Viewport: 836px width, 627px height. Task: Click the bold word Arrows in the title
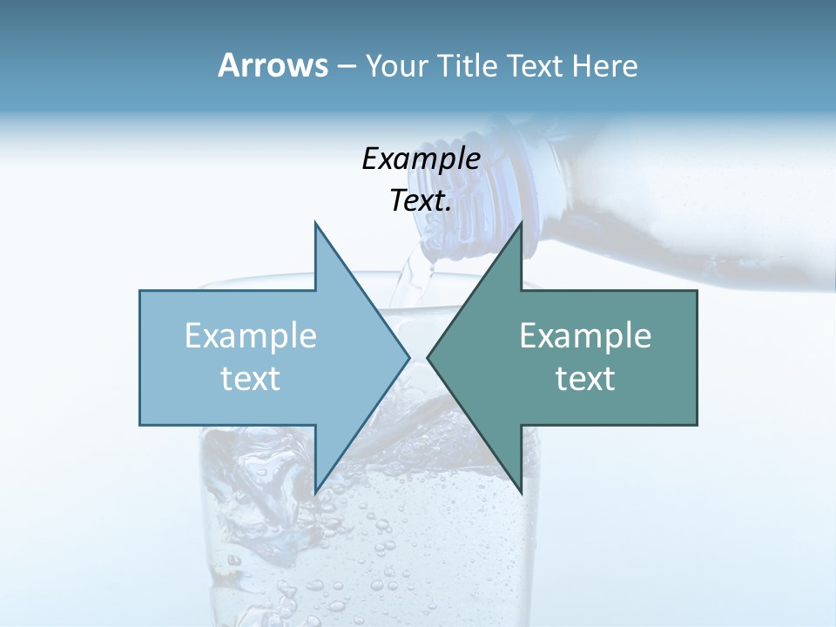click(273, 65)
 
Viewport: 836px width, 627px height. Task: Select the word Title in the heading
click(470, 66)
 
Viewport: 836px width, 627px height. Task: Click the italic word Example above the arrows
click(421, 158)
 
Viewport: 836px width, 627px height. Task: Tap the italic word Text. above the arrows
click(421, 200)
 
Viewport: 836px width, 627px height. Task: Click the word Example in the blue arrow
click(251, 336)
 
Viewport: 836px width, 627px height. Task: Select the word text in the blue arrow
click(251, 378)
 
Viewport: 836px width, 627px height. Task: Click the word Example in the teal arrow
click(585, 336)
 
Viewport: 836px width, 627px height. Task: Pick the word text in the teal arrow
click(585, 378)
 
